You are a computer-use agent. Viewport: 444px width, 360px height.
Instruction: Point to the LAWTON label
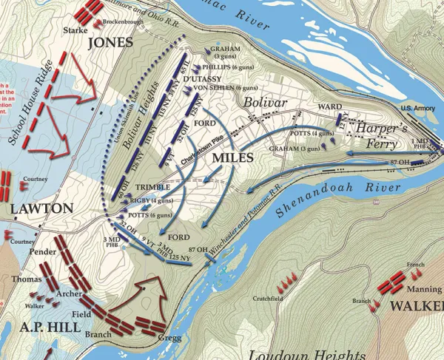(x=42, y=209)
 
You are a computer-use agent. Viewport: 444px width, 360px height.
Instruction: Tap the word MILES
(x=233, y=158)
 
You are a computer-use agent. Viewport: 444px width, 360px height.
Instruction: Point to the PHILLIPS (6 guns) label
(x=232, y=67)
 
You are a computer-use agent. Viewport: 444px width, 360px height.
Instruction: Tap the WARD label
(x=329, y=106)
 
